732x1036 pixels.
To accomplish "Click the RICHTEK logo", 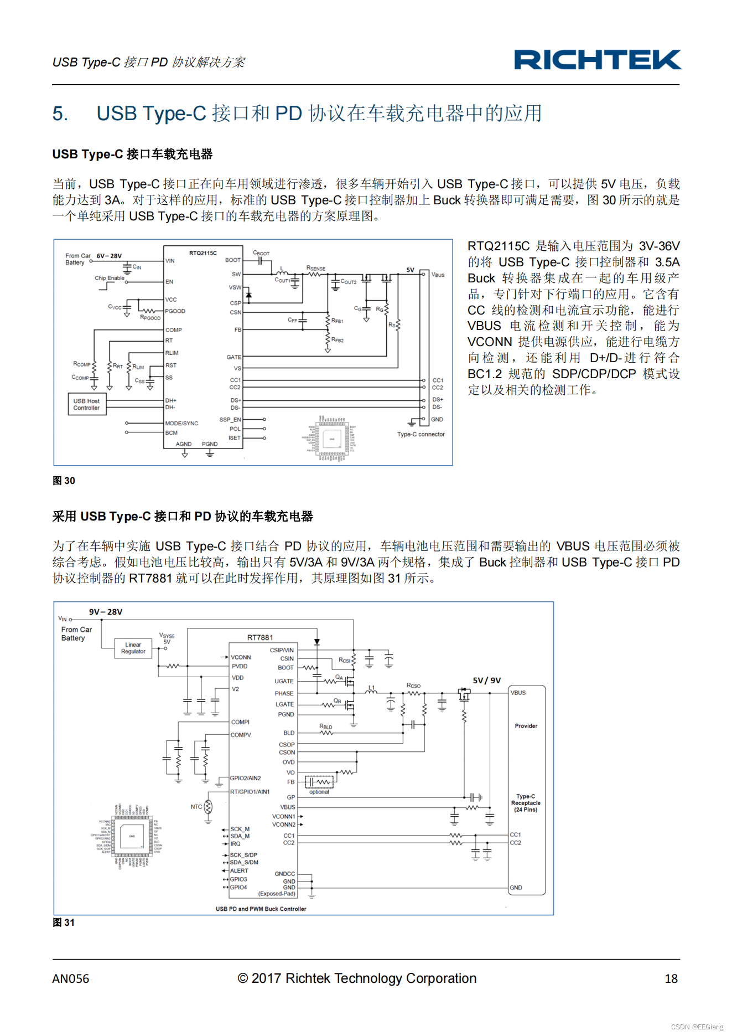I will coord(597,60).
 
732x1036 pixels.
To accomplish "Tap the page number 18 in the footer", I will coord(671,978).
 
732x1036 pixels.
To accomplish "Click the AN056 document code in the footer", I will coord(71,978).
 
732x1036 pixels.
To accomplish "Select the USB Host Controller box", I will coord(87,404).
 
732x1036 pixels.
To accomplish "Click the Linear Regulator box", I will coord(133,648).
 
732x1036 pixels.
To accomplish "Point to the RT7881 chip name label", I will coord(260,637).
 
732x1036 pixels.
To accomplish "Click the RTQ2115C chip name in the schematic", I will coord(203,253).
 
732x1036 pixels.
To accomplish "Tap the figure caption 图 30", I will coord(64,481).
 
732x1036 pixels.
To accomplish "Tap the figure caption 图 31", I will coord(64,922).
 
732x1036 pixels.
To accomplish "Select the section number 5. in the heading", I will coord(60,114).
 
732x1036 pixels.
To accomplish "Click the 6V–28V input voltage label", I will coord(109,256).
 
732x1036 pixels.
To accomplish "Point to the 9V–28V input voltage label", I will coord(106,612).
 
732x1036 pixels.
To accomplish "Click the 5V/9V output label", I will coord(486,681).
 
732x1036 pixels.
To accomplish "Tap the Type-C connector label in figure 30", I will coord(420,434).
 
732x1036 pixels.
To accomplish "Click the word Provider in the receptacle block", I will coord(526,726).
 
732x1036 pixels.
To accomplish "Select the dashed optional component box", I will coord(320,782).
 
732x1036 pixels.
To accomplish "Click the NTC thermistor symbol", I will coord(208,807).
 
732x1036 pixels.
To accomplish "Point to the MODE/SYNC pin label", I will coord(181,423).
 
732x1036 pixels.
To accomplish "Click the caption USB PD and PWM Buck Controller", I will coord(261,909).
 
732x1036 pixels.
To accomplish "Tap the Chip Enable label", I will coord(109,278).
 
